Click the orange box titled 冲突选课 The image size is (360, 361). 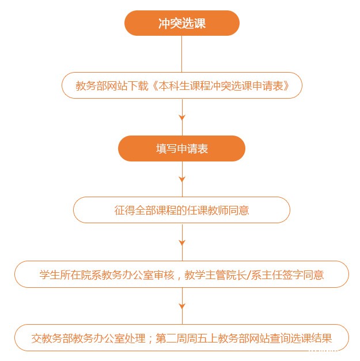pos(181,23)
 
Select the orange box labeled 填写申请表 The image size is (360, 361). pos(181,149)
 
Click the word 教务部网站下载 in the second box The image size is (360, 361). pos(112,86)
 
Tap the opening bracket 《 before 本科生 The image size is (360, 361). pos(154,86)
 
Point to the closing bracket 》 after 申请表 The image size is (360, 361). pos(286,86)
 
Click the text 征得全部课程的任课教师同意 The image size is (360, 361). pos(181,210)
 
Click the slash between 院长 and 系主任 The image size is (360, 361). pos(249,275)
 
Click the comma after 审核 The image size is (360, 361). pos(179,277)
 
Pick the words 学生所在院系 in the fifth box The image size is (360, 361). pos(70,275)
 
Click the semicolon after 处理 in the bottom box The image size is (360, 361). pos(150,339)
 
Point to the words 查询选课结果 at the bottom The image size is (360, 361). pos(301,339)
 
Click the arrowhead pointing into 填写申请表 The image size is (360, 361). pos(182,118)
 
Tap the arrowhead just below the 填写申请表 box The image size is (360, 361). pos(182,179)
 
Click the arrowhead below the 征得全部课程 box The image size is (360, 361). pos(182,243)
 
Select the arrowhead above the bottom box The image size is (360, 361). pos(182,306)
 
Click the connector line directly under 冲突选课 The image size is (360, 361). pos(181,54)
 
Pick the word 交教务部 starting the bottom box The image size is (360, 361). pos(47,339)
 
